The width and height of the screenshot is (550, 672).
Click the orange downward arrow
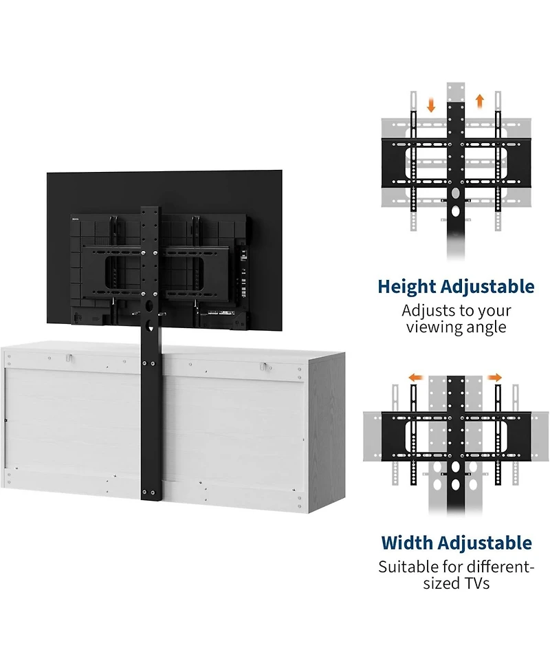(x=431, y=105)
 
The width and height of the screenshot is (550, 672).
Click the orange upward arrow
(x=480, y=101)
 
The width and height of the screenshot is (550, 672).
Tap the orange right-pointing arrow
(x=495, y=378)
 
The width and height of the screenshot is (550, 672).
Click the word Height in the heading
(x=406, y=287)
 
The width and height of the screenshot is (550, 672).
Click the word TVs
(x=476, y=583)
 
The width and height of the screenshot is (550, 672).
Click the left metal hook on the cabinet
(x=69, y=358)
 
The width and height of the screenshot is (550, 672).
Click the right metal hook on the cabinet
(x=265, y=367)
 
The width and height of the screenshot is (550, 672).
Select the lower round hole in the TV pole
(x=151, y=327)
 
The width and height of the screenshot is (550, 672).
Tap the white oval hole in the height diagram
(x=455, y=211)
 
